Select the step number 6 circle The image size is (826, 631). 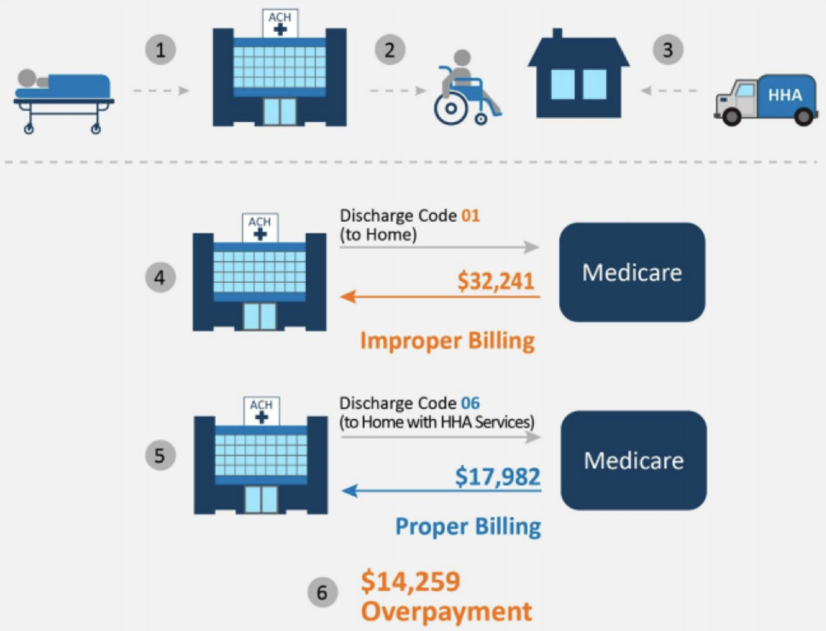(x=323, y=592)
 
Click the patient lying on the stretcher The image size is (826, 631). (x=63, y=84)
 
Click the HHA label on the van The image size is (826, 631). (x=784, y=94)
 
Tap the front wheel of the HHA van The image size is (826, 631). (x=732, y=117)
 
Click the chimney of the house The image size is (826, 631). (x=558, y=35)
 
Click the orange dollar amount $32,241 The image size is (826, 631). (x=495, y=281)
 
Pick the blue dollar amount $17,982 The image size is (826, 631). (x=498, y=476)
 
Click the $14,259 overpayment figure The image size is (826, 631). (x=410, y=582)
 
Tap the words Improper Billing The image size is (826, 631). (x=447, y=341)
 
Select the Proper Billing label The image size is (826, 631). (x=468, y=527)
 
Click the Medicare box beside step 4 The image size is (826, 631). (x=631, y=272)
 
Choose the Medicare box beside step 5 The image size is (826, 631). (x=633, y=460)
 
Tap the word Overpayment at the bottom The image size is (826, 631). (x=446, y=611)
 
